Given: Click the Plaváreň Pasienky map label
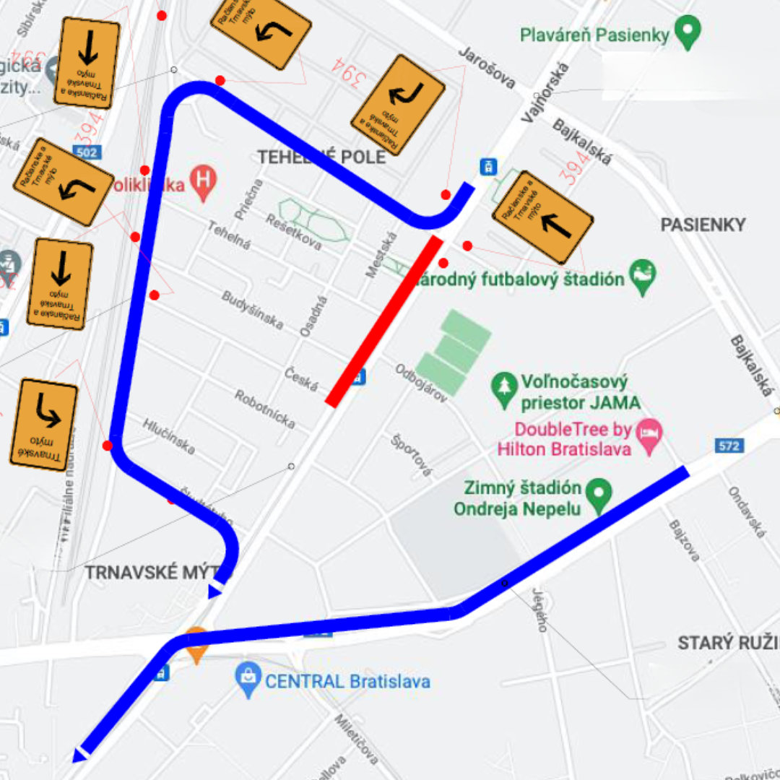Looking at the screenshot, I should click(x=594, y=35).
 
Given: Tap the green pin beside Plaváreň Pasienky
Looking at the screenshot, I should click(x=688, y=33).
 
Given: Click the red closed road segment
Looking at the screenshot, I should click(x=384, y=321).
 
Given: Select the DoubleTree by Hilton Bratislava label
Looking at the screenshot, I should click(x=563, y=439).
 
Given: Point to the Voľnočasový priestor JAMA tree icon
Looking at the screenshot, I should click(x=503, y=390).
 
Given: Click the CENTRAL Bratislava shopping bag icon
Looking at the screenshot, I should click(x=248, y=680).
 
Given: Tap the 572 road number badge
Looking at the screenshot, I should click(x=729, y=446).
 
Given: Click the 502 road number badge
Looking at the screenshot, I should click(x=85, y=152).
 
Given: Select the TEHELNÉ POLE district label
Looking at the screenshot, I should click(x=321, y=157).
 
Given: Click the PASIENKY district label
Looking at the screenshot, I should click(x=703, y=225).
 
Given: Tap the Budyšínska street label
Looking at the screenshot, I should click(x=252, y=310).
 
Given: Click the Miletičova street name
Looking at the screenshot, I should click(x=357, y=738).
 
